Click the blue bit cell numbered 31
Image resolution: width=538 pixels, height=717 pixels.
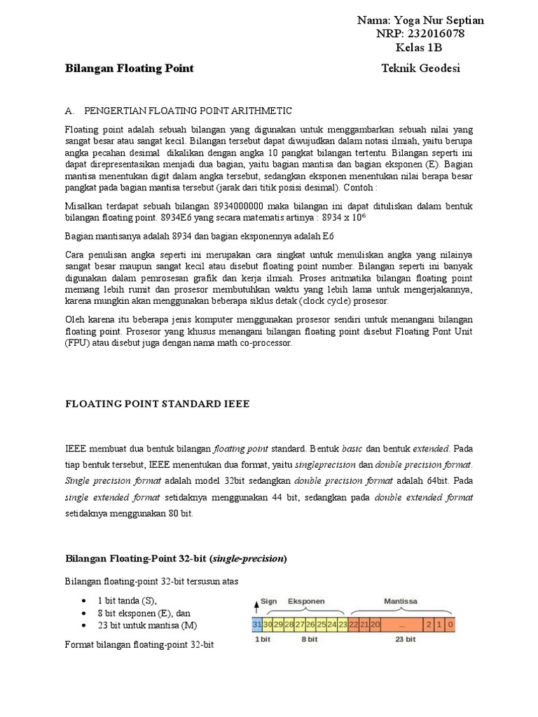click(256, 625)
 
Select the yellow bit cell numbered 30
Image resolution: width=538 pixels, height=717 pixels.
click(267, 625)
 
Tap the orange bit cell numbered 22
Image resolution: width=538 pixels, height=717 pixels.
click(354, 625)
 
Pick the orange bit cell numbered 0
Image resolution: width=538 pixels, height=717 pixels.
click(450, 625)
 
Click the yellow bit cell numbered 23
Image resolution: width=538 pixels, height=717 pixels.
click(343, 625)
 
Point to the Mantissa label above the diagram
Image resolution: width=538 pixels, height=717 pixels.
click(401, 601)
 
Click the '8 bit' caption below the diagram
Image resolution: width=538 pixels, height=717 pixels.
click(310, 639)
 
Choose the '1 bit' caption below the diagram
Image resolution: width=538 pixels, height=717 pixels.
click(262, 639)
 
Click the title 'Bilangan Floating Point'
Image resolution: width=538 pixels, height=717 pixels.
click(129, 69)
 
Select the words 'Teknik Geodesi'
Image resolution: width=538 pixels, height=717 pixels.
click(421, 69)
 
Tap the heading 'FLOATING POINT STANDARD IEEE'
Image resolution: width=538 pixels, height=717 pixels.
click(157, 404)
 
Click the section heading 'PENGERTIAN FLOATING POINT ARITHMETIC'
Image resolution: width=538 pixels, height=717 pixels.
click(187, 111)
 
